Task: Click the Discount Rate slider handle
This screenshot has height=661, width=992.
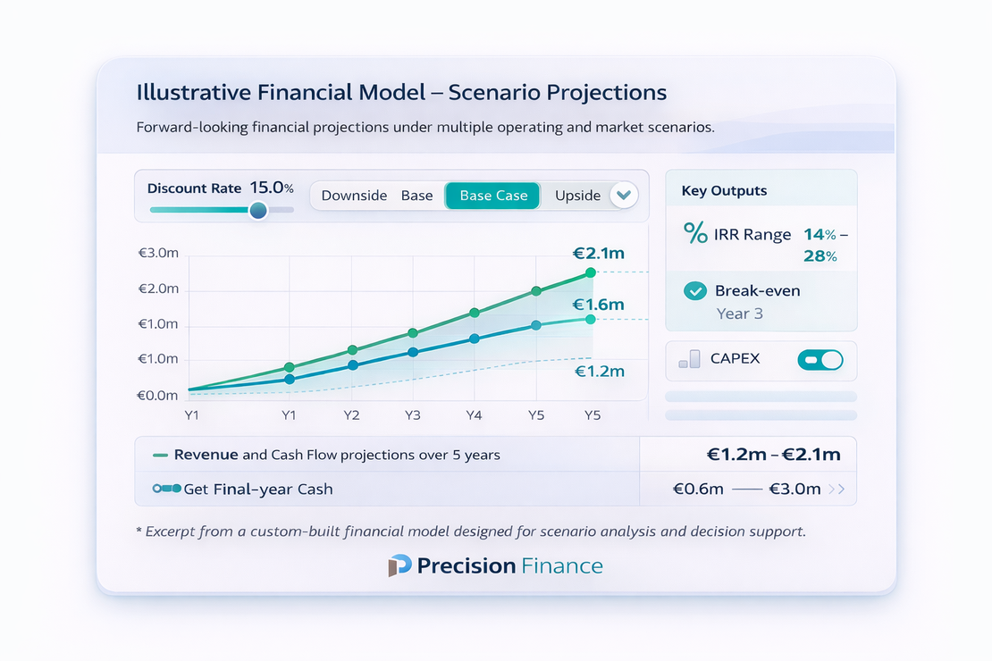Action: point(258,210)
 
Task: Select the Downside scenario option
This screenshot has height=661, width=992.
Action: point(354,196)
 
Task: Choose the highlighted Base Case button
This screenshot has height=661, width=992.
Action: point(493,196)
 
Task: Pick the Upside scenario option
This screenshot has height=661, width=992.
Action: point(577,196)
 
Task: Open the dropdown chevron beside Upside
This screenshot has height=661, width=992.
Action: point(623,195)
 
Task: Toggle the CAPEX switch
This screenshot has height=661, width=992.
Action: point(820,359)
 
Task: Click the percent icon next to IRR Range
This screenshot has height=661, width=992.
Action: point(695,234)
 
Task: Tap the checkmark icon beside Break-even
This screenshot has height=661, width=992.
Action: point(694,291)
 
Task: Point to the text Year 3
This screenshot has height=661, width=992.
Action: point(739,314)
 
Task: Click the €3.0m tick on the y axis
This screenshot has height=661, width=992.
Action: point(158,254)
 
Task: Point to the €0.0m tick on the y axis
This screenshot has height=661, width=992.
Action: point(158,395)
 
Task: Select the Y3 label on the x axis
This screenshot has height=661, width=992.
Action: point(412,415)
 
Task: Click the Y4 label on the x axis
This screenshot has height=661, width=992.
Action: point(474,415)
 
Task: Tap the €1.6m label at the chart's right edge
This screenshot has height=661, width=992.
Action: point(598,305)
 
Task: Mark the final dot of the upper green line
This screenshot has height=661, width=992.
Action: point(590,272)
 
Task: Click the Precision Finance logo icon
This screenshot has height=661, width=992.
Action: point(399,565)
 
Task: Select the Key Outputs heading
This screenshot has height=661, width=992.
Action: point(724,190)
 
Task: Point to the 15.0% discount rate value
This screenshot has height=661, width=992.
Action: point(272,188)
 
